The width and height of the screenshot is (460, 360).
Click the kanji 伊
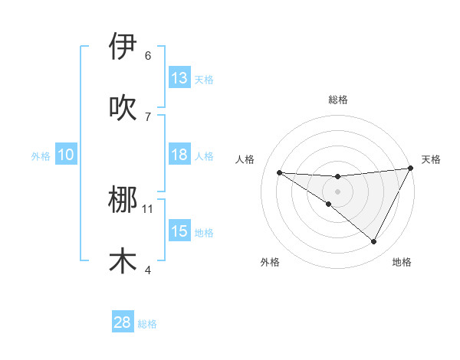[x=123, y=47]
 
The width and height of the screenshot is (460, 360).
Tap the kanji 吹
[x=123, y=108]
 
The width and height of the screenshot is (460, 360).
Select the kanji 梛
[x=123, y=200]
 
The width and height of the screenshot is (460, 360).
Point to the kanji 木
[x=123, y=261]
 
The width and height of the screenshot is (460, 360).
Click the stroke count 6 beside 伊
[x=148, y=56]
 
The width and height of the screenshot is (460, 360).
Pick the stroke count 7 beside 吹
[x=148, y=117]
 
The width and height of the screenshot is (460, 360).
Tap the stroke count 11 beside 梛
[x=148, y=208]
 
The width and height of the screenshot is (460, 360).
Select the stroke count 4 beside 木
[x=148, y=270]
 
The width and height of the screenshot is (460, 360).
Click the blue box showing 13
[x=179, y=78]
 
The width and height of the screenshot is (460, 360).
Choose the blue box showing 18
[x=179, y=155]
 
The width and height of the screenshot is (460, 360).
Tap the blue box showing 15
[x=179, y=231]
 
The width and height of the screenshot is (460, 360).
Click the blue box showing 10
[x=66, y=155]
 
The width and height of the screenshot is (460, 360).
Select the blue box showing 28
[x=123, y=322]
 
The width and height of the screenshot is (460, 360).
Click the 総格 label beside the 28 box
[x=147, y=324]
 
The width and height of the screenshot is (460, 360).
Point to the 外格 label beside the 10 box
[x=41, y=156]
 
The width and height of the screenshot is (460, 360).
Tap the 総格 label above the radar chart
[x=337, y=100]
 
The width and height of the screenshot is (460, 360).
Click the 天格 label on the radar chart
[x=431, y=159]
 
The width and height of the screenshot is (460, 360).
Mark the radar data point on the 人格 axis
[x=279, y=172]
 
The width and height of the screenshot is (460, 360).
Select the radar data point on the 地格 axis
[x=373, y=241]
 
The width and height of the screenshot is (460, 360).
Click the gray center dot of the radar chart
[x=337, y=191]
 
